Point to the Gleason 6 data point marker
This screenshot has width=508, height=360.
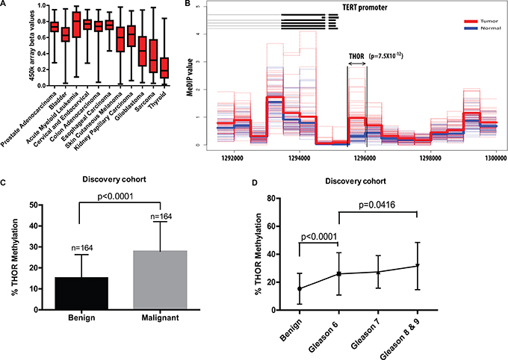click(x=339, y=273)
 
